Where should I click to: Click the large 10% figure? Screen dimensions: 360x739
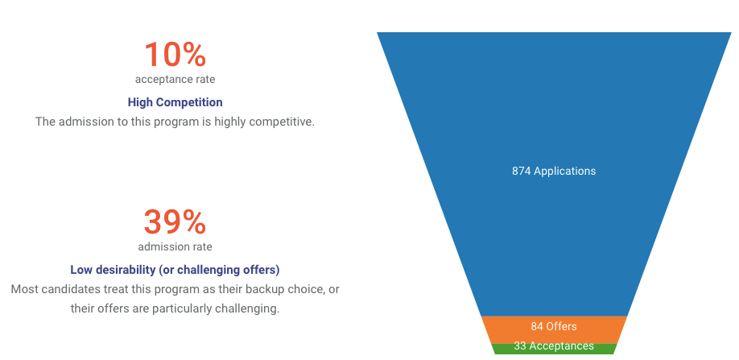pyautogui.click(x=175, y=55)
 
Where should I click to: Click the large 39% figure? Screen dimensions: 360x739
pyautogui.click(x=175, y=222)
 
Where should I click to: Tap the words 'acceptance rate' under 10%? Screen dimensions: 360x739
pyautogui.click(x=175, y=79)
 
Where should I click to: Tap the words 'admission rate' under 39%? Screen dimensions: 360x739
pyautogui.click(x=175, y=246)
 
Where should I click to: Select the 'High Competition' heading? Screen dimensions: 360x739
pyautogui.click(x=175, y=102)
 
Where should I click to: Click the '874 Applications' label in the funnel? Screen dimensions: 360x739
pyautogui.click(x=554, y=171)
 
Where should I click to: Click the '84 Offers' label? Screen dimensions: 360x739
pyautogui.click(x=554, y=326)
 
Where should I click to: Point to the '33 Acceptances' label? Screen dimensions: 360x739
pyautogui.click(x=554, y=346)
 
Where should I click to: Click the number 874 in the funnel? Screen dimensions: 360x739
pyautogui.click(x=522, y=171)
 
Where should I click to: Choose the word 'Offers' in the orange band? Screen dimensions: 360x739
pyautogui.click(x=561, y=326)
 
